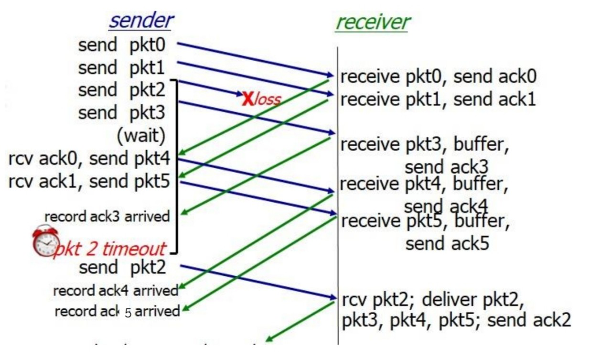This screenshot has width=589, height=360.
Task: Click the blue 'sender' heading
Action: pos(141,21)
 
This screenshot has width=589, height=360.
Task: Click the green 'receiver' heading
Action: pos(373,22)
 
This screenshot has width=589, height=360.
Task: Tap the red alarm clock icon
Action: pos(46,241)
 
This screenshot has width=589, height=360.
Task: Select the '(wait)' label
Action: pos(141,136)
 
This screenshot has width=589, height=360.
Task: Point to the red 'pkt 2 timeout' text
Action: pos(111,249)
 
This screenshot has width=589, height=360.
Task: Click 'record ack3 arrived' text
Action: pos(107,217)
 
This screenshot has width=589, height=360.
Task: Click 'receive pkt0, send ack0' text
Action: pos(438,76)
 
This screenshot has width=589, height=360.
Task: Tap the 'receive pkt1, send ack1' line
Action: pos(438,99)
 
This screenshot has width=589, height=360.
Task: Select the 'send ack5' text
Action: pos(447,243)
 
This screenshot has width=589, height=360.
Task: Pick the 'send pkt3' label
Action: pos(121,113)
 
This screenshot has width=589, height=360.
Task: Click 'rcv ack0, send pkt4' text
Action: pos(89,159)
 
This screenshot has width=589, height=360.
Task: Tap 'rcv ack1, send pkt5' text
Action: pos(89,182)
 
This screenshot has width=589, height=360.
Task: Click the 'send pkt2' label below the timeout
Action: pos(122,267)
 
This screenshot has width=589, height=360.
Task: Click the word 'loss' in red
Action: pos(268,99)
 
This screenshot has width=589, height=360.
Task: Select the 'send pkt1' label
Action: pos(121,68)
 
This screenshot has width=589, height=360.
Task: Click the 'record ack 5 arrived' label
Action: pos(117,312)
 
